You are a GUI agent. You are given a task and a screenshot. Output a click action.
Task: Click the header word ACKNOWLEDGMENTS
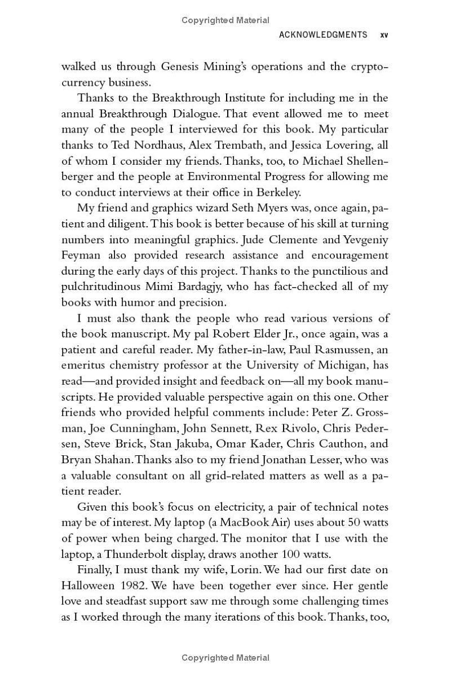(x=323, y=35)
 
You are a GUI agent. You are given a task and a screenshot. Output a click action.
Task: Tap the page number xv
(x=384, y=35)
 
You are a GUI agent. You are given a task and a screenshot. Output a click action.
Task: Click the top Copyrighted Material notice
(x=225, y=20)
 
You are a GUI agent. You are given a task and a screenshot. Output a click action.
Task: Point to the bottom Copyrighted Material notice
(x=225, y=658)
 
